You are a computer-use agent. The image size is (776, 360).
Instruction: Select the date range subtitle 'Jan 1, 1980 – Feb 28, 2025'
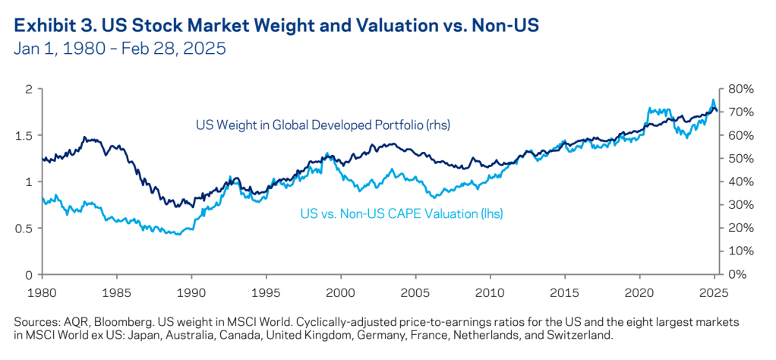pos(120,50)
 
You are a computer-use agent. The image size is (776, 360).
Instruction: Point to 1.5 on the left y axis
pos(25,135)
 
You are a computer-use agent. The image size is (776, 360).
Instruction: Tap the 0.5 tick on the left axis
pos(25,228)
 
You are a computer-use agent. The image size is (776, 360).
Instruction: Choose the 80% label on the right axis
pos(740,89)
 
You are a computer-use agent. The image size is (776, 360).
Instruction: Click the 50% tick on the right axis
pos(740,159)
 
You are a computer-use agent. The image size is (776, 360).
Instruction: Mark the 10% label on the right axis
pos(740,251)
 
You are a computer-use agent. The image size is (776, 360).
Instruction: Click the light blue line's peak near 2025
pos(713,100)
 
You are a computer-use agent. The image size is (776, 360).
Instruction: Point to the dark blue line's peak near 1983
pos(85,137)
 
